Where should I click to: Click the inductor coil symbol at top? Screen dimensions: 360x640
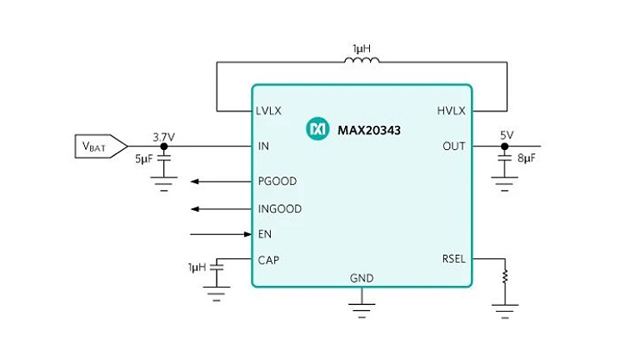[361, 60]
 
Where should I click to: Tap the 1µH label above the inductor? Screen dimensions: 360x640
[361, 49]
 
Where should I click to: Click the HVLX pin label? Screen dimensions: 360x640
[451, 111]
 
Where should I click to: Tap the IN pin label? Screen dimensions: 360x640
[263, 146]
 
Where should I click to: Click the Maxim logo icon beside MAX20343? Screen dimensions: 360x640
[317, 129]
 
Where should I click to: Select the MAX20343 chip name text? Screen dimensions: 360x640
[368, 129]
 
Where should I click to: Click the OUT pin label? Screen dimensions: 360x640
[454, 146]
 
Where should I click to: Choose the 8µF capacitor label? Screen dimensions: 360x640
[527, 158]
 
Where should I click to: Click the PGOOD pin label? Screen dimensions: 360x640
[277, 181]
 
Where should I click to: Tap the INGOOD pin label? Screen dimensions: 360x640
[279, 208]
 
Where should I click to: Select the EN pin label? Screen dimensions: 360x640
[265, 234]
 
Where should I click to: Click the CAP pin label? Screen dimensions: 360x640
[268, 260]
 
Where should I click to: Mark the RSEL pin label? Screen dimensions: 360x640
[452, 259]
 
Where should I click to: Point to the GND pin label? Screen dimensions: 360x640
[362, 278]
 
